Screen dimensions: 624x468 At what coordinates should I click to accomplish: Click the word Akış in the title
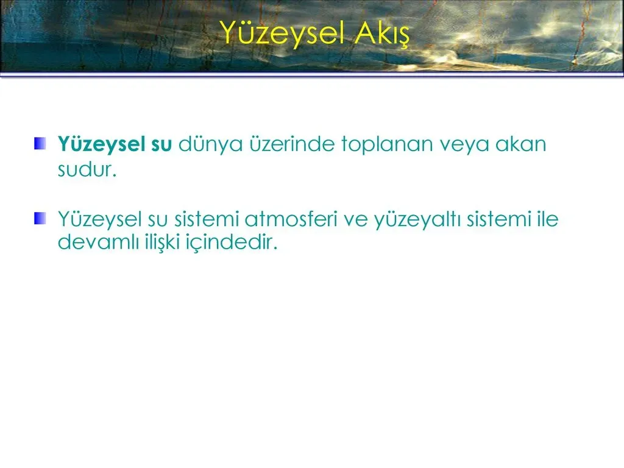[381, 34]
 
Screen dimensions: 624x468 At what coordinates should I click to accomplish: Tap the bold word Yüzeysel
[101, 144]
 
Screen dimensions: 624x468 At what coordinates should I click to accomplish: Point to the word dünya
[210, 144]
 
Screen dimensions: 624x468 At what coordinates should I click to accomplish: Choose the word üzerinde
[292, 143]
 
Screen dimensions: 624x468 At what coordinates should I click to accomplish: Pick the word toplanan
[387, 145]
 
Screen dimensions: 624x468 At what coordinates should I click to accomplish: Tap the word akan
[520, 144]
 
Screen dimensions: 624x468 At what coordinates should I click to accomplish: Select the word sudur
[87, 169]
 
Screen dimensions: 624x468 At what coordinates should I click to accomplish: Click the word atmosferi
[291, 219]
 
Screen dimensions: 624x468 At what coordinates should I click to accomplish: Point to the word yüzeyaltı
[417, 220]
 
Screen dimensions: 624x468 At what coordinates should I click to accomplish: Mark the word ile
[548, 219]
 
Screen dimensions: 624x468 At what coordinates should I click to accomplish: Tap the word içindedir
[232, 242]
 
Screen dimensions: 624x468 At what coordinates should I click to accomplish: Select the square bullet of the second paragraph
[40, 219]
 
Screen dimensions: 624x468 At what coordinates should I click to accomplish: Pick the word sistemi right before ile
[499, 219]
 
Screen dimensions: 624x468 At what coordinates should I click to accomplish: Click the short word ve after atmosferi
[355, 221]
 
